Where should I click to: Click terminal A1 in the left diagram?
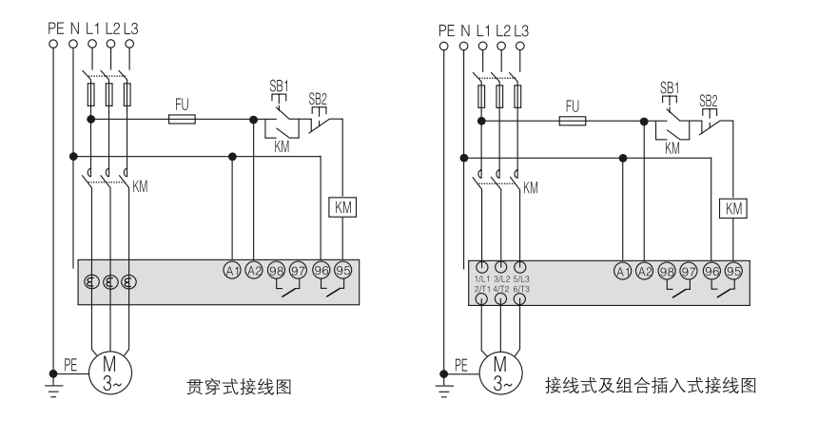pyautogui.click(x=232, y=269)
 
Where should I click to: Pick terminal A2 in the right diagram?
pyautogui.click(x=645, y=269)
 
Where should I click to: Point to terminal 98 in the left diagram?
pyautogui.click(x=276, y=269)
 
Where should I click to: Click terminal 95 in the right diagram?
pyautogui.click(x=733, y=269)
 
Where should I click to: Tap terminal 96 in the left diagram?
pyautogui.click(x=321, y=269)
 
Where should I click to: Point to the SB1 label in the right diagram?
pyautogui.click(x=671, y=86)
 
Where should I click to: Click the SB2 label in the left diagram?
pyautogui.click(x=320, y=99)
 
